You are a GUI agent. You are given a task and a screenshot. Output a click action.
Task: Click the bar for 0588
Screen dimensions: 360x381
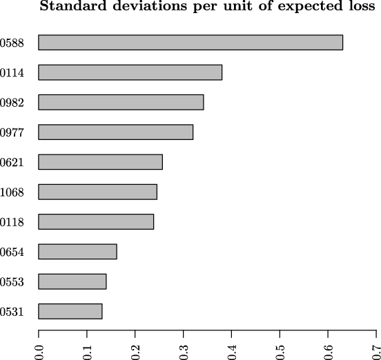(190, 42)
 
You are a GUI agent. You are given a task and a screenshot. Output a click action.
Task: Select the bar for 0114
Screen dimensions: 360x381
(130, 72)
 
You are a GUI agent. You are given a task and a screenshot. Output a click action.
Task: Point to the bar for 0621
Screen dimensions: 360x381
(100, 162)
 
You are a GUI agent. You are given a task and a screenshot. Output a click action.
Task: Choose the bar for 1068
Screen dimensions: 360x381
(97, 192)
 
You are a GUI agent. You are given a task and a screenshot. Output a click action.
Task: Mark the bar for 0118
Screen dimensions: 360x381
(96, 221)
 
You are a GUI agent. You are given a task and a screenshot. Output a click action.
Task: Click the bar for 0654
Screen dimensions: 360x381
(77, 252)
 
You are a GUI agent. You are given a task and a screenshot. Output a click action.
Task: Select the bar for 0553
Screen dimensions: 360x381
(72, 281)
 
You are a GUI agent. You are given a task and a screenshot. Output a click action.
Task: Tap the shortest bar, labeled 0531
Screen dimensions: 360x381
(70, 311)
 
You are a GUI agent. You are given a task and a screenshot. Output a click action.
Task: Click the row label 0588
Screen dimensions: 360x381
(12, 43)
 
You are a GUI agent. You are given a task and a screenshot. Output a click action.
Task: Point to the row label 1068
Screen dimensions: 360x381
(12, 192)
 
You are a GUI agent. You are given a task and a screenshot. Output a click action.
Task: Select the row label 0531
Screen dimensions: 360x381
(12, 312)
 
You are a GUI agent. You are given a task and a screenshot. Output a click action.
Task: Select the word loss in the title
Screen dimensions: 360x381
(362, 8)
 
